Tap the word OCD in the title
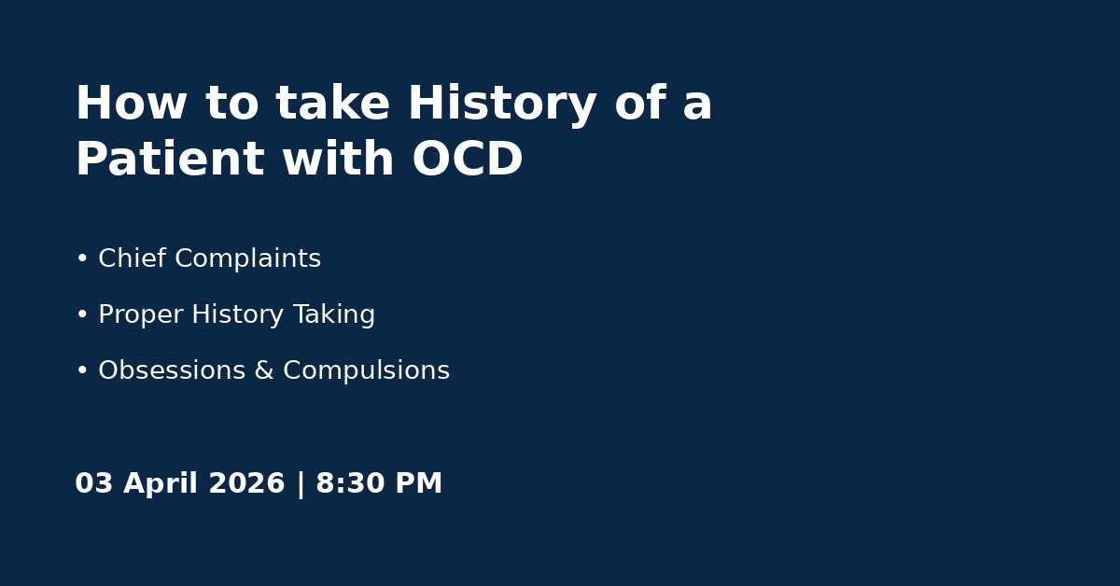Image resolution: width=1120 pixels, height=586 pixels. (x=468, y=159)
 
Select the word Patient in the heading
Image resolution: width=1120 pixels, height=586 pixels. (x=170, y=159)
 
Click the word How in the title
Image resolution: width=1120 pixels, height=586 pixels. (x=131, y=103)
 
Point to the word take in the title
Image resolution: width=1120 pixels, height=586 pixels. (x=332, y=103)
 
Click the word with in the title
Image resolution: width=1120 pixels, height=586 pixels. (x=338, y=158)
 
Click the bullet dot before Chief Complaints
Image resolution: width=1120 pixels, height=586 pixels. (x=82, y=258)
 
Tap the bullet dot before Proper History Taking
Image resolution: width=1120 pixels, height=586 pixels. (x=82, y=314)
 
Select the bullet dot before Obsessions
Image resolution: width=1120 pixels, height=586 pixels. (x=82, y=370)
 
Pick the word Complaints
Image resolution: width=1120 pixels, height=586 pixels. (x=248, y=259)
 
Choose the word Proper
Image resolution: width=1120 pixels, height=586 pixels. (x=141, y=315)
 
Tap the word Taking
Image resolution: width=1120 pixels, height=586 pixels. (x=334, y=315)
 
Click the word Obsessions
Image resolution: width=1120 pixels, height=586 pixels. (x=172, y=370)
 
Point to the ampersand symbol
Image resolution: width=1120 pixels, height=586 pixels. (x=264, y=370)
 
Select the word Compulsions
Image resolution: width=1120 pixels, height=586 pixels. (x=367, y=371)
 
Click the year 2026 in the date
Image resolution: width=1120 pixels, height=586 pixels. (x=246, y=483)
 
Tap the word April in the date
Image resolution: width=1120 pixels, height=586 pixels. (x=161, y=484)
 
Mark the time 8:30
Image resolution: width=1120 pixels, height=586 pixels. (x=351, y=483)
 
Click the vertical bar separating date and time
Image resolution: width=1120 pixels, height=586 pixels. (x=301, y=484)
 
